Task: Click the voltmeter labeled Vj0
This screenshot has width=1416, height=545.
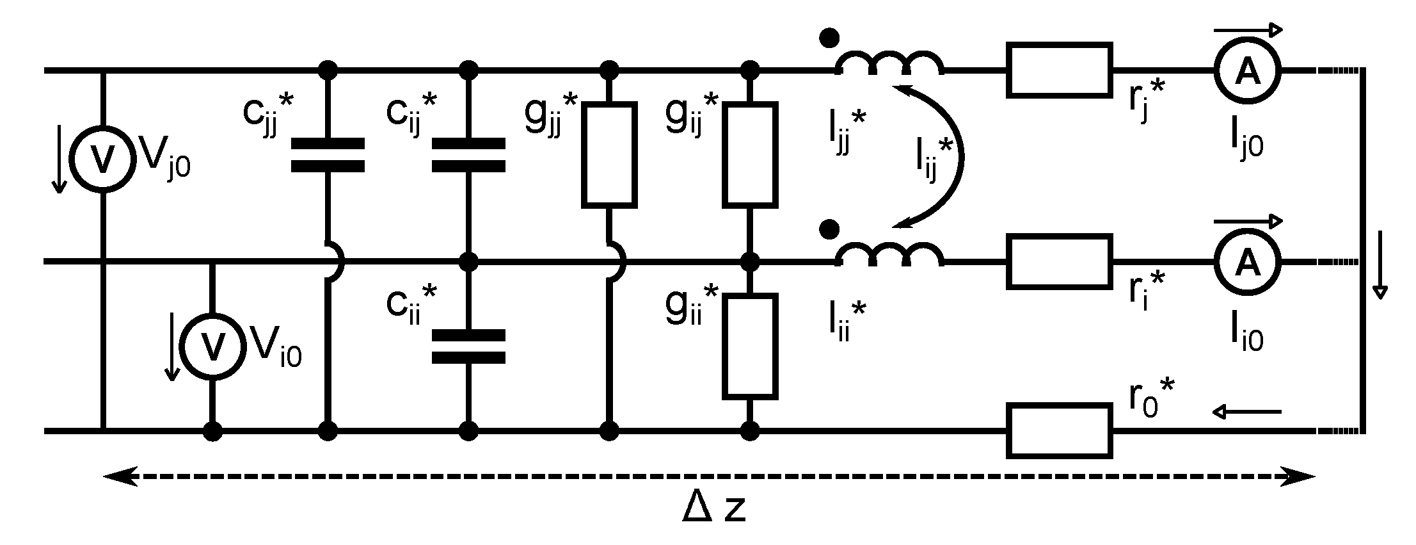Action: tap(102, 158)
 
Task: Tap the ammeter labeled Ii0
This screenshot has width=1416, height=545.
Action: tap(1246, 262)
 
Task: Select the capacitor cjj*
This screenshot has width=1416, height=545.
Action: tap(328, 155)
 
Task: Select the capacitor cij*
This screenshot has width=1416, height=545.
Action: tap(469, 155)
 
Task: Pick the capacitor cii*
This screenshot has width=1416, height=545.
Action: tap(469, 346)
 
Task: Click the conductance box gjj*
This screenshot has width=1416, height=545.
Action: tap(609, 154)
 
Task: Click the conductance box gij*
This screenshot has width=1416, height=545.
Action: tap(750, 154)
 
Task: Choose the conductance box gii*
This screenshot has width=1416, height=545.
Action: tap(750, 346)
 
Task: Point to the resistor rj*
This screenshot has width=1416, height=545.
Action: tap(1059, 70)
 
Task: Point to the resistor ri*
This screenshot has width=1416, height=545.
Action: tap(1059, 262)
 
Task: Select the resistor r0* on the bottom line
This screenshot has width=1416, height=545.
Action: tap(1059, 430)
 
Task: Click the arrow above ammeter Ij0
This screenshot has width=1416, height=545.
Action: tap(1248, 29)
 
